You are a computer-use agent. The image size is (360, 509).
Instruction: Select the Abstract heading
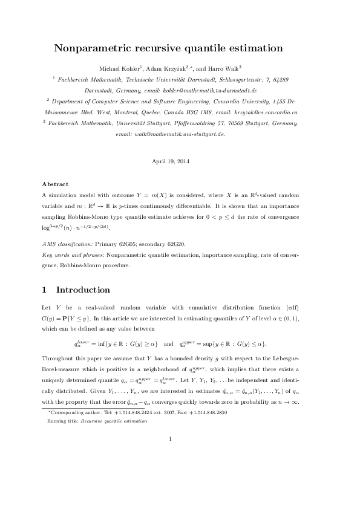[55, 184]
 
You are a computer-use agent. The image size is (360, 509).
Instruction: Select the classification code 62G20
[192, 244]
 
